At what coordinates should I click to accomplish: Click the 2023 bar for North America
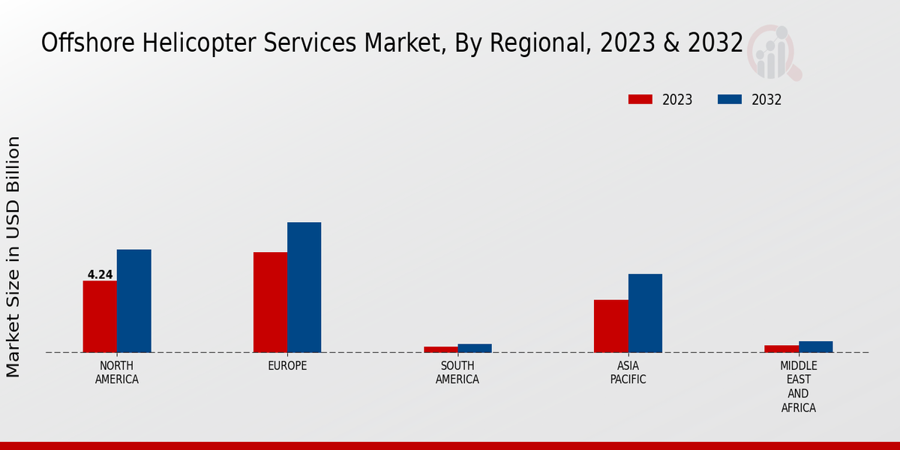[100, 316]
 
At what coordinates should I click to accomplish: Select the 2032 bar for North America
[133, 301]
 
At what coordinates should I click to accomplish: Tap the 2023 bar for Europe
[270, 302]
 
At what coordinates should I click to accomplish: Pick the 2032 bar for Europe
[304, 287]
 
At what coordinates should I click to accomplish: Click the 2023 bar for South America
[440, 349]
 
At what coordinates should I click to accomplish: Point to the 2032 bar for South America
[475, 348]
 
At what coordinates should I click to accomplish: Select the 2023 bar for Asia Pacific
[610, 326]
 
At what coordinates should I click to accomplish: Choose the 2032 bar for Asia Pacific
[645, 313]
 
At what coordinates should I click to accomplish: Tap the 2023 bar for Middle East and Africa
[781, 349]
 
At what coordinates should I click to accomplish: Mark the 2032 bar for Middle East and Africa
[815, 346]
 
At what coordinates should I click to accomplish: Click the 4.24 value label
[100, 274]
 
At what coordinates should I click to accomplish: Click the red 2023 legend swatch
[640, 100]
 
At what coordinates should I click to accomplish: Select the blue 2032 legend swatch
[730, 100]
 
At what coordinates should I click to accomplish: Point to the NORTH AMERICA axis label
[117, 373]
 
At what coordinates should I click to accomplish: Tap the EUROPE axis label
[287, 366]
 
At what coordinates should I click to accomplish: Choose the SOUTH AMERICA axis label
[457, 373]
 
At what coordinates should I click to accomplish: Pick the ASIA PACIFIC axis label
[628, 373]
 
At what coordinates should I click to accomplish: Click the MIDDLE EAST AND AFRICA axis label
[798, 386]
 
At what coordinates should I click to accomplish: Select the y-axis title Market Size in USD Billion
[13, 256]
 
